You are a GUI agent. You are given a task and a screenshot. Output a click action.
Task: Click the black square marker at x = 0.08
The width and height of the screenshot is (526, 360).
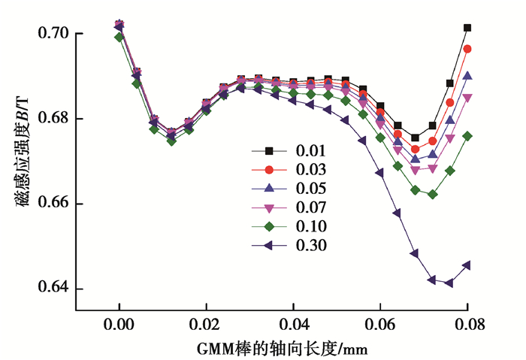[x=467, y=28]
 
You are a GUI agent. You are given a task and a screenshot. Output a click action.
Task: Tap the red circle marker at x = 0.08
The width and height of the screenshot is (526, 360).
[x=467, y=49]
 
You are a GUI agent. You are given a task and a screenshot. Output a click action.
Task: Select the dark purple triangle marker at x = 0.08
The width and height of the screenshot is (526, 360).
[x=467, y=265]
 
